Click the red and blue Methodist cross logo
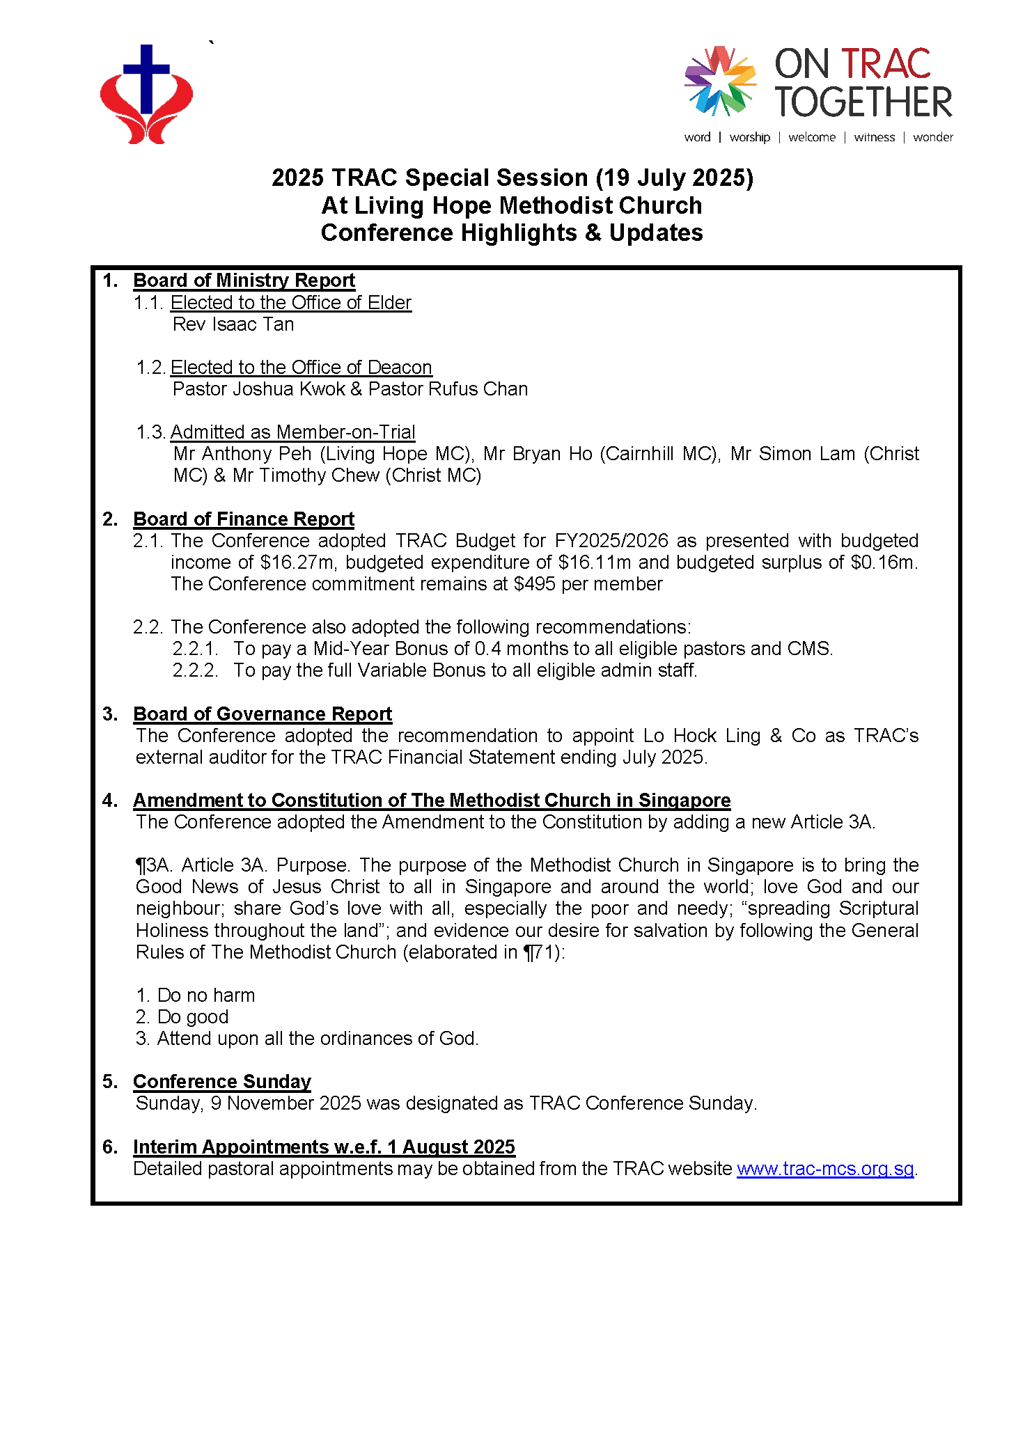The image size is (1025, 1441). [146, 95]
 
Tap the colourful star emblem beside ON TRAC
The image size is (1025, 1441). [720, 81]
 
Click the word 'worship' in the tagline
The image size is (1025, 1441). [749, 137]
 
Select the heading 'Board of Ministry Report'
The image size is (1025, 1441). [244, 281]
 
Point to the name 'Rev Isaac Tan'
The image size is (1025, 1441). [233, 324]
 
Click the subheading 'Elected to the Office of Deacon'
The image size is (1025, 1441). [301, 368]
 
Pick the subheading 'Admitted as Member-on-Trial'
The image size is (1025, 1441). [292, 432]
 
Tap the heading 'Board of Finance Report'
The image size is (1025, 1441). [244, 519]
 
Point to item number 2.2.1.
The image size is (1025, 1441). [195, 649]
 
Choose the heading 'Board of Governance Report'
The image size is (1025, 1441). [263, 714]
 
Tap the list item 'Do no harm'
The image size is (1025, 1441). [206, 995]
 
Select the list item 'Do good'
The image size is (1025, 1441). [193, 1017]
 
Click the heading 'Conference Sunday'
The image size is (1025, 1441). [221, 1082]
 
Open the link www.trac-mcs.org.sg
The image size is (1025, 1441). [825, 1169]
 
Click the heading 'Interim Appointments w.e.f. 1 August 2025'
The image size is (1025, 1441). [324, 1147]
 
